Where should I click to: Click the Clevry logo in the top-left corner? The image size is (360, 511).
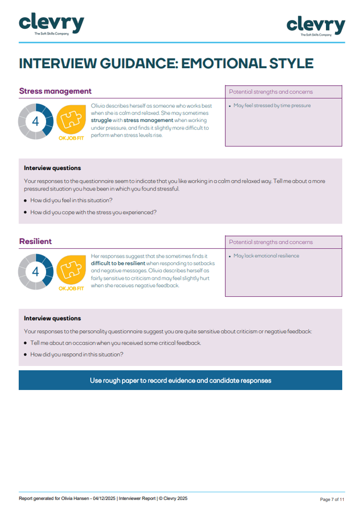[x=51, y=24]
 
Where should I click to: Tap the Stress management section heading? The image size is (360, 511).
[x=55, y=91]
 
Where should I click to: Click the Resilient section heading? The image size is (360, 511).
[x=35, y=241]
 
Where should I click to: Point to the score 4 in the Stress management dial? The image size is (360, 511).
[x=35, y=121]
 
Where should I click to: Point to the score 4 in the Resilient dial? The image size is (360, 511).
[x=35, y=271]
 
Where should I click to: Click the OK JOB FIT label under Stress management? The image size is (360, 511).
[x=71, y=138]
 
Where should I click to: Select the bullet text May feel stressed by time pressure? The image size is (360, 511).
[x=272, y=106]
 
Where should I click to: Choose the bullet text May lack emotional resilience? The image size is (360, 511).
[x=266, y=256]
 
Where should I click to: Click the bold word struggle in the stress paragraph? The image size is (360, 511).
[x=101, y=120]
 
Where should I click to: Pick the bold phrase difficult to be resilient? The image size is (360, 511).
[x=118, y=263]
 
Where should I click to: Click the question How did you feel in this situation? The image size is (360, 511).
[x=71, y=200]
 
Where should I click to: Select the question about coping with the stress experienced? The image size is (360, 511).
[x=93, y=212]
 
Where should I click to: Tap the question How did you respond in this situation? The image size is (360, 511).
[x=76, y=354]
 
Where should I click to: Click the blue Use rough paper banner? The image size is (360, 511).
[x=180, y=381]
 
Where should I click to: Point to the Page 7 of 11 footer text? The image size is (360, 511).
[x=332, y=499]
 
